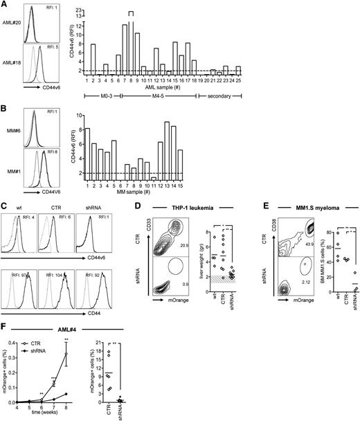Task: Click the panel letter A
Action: click(x=6, y=5)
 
